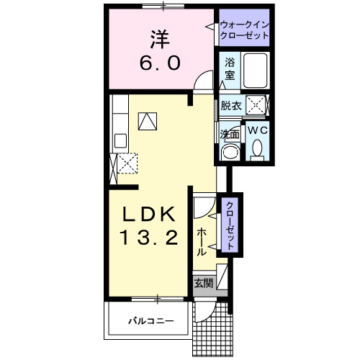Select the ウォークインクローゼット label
coord(244,30)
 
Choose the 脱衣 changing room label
coord(230,105)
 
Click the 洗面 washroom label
coord(230,134)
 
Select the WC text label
coord(257,130)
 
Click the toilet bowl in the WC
coord(258,149)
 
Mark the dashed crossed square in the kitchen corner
coord(127,164)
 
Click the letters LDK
coord(148,213)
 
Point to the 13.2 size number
coord(149,238)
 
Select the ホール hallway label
coord(202,242)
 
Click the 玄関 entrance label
coord(202,283)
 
